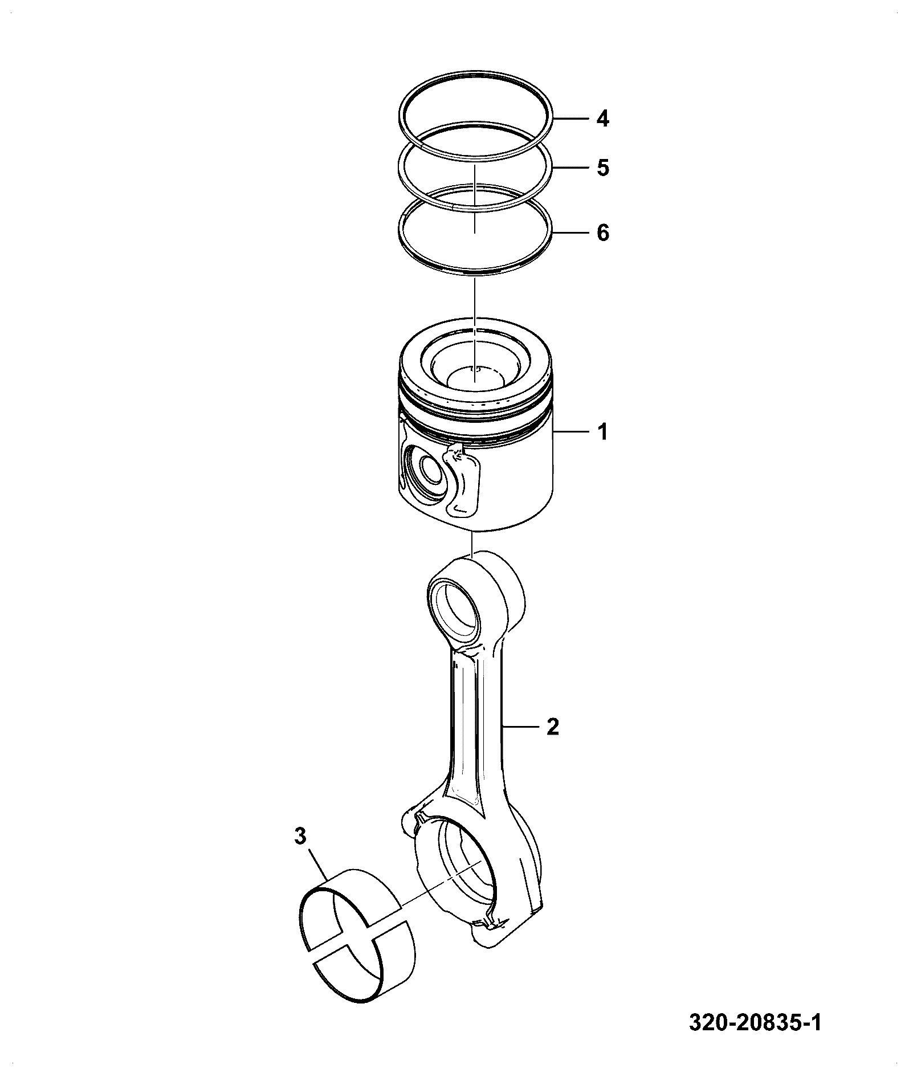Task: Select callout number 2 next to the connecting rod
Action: [x=552, y=727]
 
